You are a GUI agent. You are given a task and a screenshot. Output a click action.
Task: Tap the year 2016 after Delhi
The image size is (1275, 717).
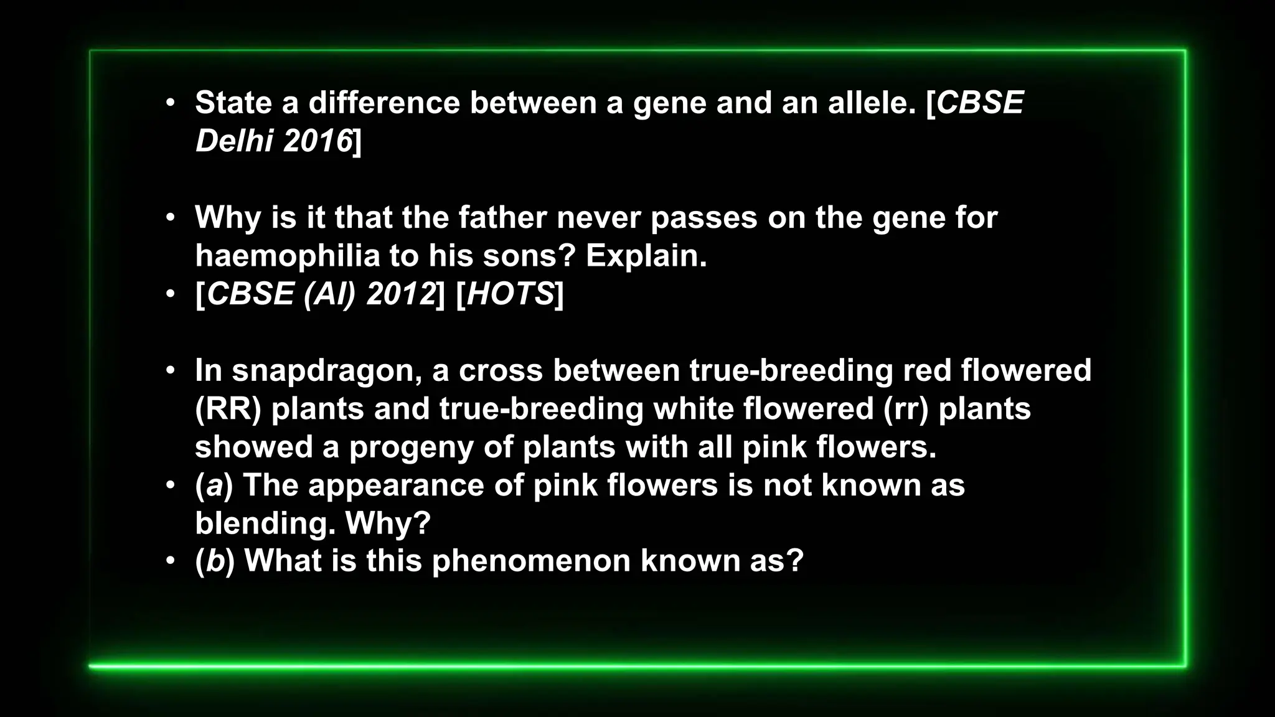[x=318, y=141]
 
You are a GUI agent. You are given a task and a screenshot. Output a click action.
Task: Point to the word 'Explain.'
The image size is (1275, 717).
[x=646, y=256]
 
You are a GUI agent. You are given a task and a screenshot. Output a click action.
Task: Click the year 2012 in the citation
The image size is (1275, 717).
[x=400, y=294]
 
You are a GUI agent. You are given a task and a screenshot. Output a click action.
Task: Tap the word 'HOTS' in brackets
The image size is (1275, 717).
[x=510, y=294]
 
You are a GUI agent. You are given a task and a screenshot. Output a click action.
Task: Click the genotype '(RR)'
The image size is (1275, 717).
[x=228, y=409]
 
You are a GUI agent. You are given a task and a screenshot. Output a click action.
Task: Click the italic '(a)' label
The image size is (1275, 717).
[x=214, y=485]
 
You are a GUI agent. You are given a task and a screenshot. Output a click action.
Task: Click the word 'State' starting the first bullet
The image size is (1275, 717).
[x=233, y=103]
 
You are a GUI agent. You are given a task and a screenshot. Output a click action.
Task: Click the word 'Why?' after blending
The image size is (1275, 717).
[x=388, y=523]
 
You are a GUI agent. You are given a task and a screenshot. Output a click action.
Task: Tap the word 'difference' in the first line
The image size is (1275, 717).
[x=384, y=103]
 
